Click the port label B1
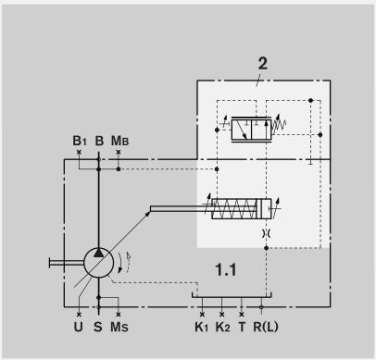point(79,141)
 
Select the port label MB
point(120,141)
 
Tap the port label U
point(78,327)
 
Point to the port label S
point(98,327)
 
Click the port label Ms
point(119,327)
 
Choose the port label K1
point(202,327)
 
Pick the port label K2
point(223,327)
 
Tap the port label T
point(242,327)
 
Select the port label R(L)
point(266,327)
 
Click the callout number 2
point(263,63)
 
